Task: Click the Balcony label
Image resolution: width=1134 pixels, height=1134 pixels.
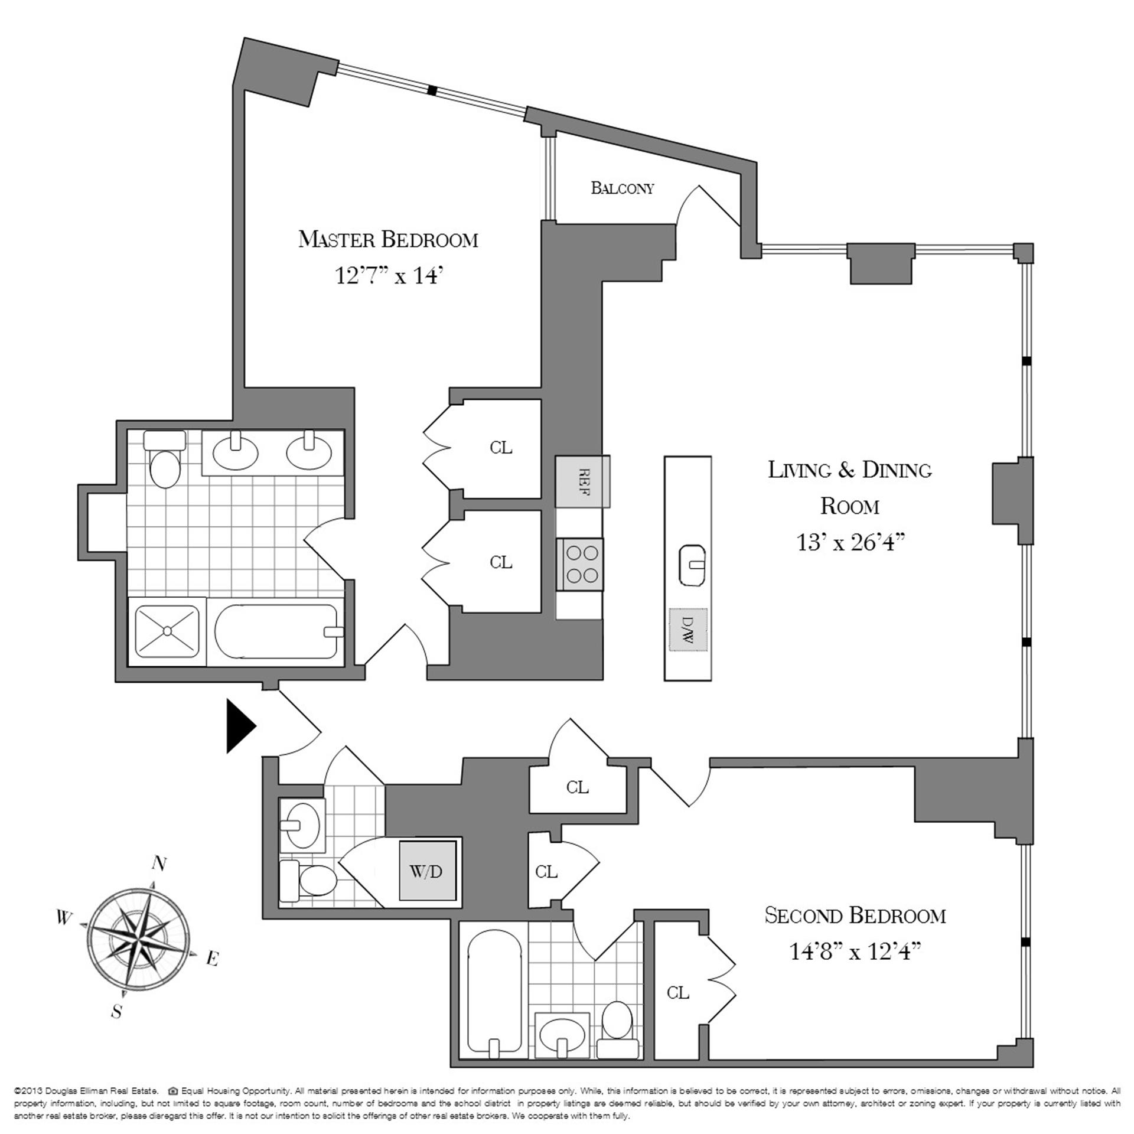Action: (x=623, y=188)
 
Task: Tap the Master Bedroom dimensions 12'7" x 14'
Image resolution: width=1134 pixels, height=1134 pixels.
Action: (x=389, y=276)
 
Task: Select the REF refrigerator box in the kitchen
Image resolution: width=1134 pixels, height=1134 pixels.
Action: (x=582, y=481)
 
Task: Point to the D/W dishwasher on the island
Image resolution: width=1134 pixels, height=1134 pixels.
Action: (x=687, y=630)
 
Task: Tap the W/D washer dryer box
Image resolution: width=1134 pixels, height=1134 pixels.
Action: (x=426, y=872)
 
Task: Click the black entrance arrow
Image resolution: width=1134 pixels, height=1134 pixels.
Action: (x=240, y=726)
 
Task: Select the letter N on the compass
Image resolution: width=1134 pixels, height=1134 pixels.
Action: (x=159, y=864)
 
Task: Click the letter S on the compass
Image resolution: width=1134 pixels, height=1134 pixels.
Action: (x=117, y=1012)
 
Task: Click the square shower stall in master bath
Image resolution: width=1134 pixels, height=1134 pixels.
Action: (x=168, y=631)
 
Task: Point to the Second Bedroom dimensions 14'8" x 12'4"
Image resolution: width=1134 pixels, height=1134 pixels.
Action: (x=855, y=951)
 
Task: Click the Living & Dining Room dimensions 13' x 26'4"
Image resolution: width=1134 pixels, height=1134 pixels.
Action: (x=850, y=542)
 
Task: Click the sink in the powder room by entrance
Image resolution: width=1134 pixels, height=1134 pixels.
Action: (x=302, y=824)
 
